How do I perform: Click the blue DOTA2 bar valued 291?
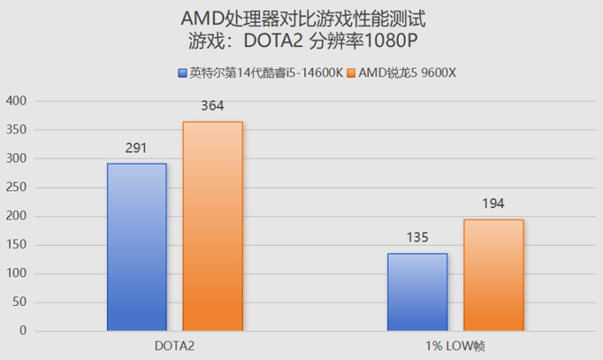(137, 247)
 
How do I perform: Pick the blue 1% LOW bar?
(418, 292)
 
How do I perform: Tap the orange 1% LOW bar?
(493, 275)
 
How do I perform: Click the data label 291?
(137, 148)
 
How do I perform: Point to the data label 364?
(212, 106)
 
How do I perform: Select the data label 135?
(418, 238)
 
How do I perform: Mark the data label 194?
(493, 204)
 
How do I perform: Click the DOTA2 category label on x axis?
(175, 346)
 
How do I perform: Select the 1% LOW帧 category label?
(455, 346)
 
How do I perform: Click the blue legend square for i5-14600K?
(183, 72)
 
